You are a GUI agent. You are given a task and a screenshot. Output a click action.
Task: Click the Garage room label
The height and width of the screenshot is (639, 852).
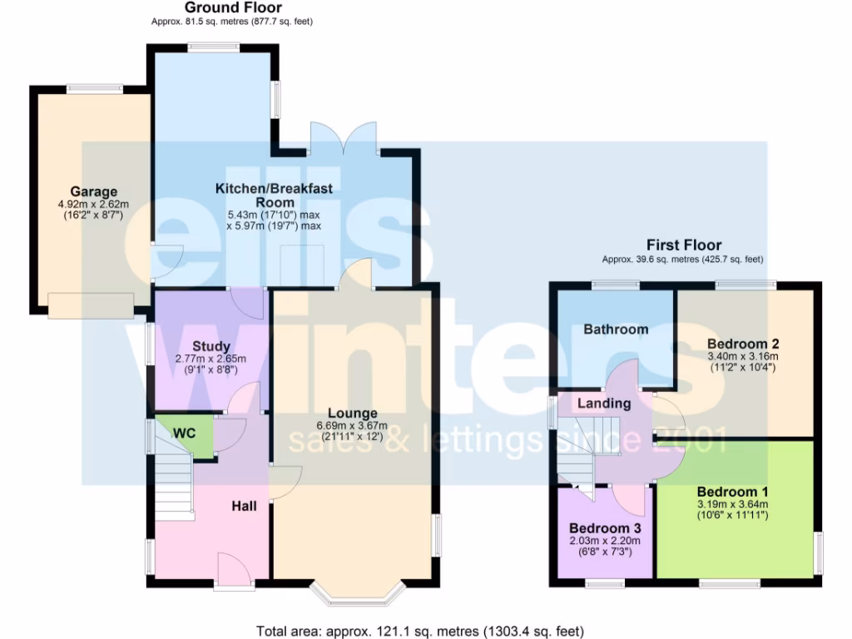pos(93,191)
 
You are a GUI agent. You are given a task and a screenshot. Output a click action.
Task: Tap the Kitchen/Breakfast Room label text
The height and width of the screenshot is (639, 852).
pos(274,196)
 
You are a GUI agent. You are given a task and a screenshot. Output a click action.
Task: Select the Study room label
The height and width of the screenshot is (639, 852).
pos(211,346)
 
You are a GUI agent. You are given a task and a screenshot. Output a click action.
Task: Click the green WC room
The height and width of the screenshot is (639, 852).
pos(183,433)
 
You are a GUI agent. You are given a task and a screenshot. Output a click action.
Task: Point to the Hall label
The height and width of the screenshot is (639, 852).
pos(244,507)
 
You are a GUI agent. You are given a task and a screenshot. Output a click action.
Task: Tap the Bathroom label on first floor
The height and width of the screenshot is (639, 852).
pos(615,329)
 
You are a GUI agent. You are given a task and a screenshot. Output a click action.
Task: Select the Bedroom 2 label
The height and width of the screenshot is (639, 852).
pos(742,344)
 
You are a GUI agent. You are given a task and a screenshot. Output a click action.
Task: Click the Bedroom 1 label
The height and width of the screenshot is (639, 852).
pos(732,491)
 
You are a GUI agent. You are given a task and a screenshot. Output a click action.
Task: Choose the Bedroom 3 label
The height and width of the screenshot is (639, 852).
pos(604,528)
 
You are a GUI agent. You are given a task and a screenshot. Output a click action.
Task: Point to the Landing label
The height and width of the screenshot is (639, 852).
pos(605,404)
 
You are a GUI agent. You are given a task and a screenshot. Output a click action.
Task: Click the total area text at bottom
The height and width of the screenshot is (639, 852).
pos(425,631)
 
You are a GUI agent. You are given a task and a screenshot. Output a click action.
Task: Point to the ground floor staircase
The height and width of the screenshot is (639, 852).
pos(173,483)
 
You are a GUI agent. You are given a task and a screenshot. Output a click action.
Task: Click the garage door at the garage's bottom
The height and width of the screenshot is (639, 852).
pos(91,305)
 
